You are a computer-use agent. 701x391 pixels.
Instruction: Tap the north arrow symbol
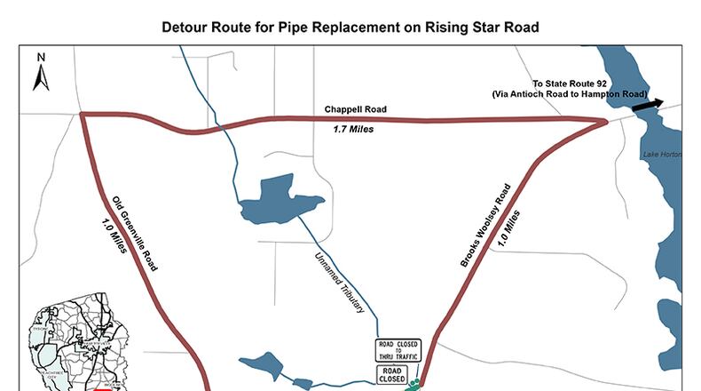coord(40,73)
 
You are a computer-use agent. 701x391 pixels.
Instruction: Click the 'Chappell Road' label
coord(354,110)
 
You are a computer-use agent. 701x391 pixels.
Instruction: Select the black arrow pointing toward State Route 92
coord(648,105)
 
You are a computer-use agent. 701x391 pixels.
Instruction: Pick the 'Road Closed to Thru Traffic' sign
coord(398,349)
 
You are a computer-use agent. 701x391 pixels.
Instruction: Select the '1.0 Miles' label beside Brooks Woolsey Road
coord(518,228)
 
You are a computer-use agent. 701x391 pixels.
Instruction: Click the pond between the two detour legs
coord(275,200)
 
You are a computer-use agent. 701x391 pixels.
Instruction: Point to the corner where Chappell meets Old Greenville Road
coord(82,115)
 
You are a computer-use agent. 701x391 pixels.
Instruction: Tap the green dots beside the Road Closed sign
coord(413,385)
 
